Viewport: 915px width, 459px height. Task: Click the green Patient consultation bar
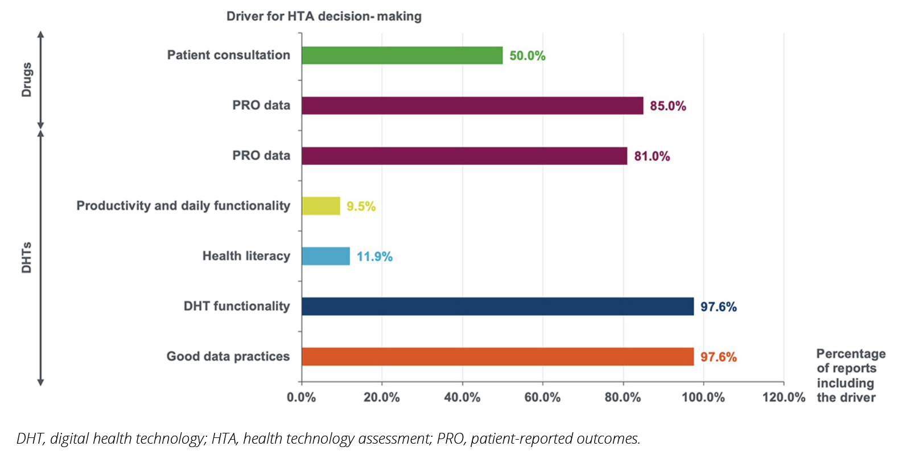(402, 55)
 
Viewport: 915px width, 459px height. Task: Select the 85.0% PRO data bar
(472, 106)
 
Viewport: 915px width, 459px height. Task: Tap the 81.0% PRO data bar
(464, 156)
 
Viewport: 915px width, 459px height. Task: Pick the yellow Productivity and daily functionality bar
(321, 206)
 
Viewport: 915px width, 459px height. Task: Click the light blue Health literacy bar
(325, 256)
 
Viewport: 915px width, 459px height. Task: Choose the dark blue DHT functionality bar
(497, 307)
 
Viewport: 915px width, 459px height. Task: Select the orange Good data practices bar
(497, 357)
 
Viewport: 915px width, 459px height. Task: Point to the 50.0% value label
(527, 56)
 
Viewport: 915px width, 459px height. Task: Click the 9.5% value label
(361, 206)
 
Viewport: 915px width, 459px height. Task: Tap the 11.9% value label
(374, 257)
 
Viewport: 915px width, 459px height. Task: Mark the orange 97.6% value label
(718, 357)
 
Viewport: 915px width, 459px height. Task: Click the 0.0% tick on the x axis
(302, 398)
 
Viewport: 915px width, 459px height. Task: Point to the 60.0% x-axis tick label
(542, 398)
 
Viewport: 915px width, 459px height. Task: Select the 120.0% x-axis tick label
(784, 398)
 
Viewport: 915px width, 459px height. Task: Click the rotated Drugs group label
(27, 80)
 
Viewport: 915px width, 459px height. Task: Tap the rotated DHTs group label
(27, 258)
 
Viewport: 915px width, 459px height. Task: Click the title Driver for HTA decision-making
(324, 16)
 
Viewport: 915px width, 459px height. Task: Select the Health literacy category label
(246, 256)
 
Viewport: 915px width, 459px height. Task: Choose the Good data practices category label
(228, 357)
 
